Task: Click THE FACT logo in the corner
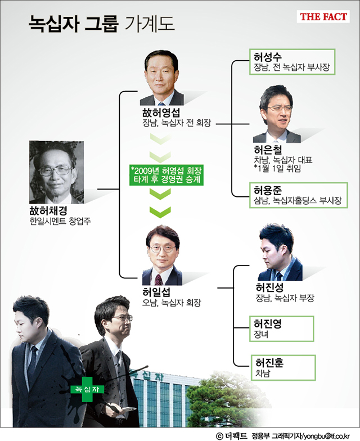(x=323, y=17)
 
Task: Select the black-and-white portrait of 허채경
(x=56, y=172)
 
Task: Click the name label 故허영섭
(x=161, y=112)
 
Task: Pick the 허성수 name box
(x=292, y=62)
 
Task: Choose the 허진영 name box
(x=281, y=328)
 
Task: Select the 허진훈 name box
(x=281, y=367)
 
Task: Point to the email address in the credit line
(x=327, y=435)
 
